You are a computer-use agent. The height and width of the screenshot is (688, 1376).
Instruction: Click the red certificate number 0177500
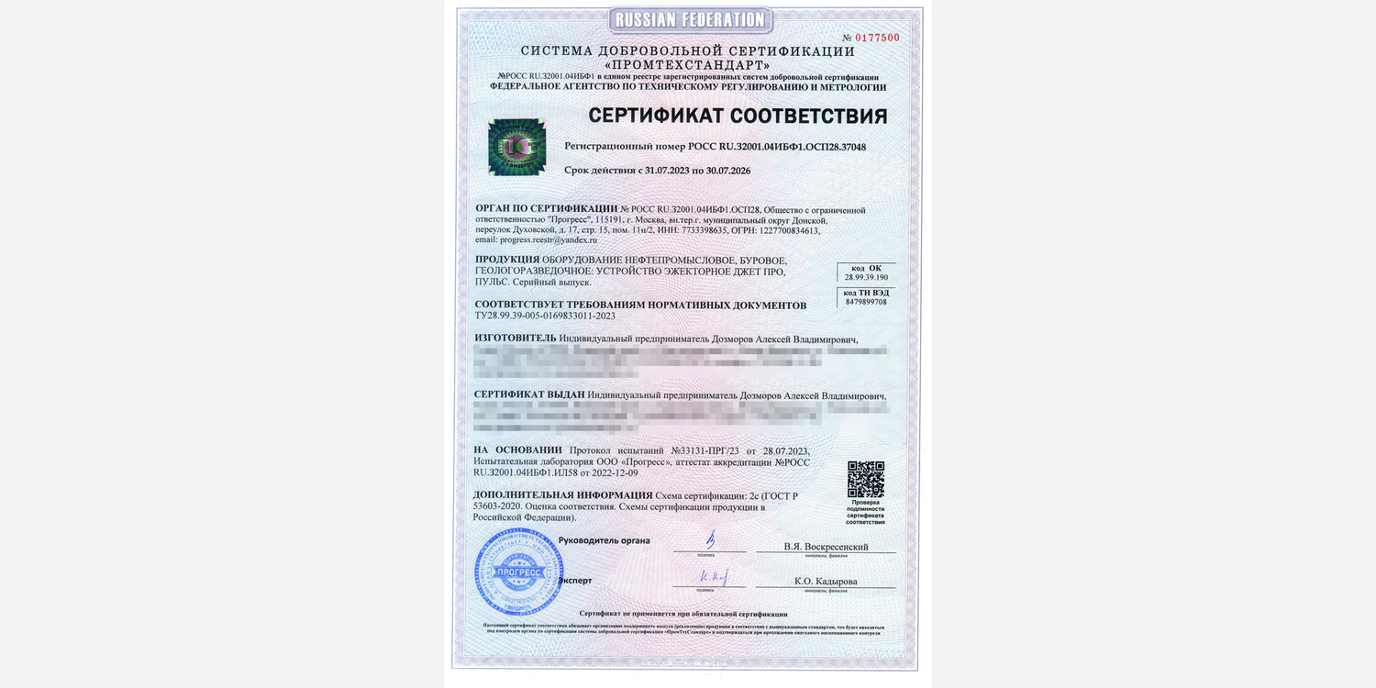877,38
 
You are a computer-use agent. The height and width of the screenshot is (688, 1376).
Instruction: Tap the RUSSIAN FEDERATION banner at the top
690,19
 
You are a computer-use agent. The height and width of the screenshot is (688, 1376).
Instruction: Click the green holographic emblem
517,147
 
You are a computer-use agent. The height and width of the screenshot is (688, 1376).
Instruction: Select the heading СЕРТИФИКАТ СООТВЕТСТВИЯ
738,117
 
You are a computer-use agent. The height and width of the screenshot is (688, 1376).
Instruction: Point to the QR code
865,479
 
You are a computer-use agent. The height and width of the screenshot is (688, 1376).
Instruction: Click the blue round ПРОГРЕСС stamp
518,572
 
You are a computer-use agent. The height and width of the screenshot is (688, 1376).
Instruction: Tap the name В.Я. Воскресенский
826,547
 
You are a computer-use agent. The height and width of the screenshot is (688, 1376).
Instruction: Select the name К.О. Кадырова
826,582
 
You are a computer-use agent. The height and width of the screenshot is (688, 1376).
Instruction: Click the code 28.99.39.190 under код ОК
866,277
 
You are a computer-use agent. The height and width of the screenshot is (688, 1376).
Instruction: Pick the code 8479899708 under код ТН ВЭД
866,302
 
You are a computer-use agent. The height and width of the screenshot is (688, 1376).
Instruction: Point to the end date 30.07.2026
722,171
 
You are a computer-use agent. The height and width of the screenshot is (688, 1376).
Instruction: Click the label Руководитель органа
604,541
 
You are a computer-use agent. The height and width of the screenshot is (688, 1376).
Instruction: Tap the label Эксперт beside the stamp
575,581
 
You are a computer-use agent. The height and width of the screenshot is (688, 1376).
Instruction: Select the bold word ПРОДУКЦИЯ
507,260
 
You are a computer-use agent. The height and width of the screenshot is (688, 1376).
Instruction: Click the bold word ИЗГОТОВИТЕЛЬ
516,338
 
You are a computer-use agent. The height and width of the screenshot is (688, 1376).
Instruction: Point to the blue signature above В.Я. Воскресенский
709,540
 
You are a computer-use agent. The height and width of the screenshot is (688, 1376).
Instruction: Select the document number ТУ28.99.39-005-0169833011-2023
545,316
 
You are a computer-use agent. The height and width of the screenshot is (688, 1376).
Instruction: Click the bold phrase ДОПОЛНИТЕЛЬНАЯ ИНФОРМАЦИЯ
562,495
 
